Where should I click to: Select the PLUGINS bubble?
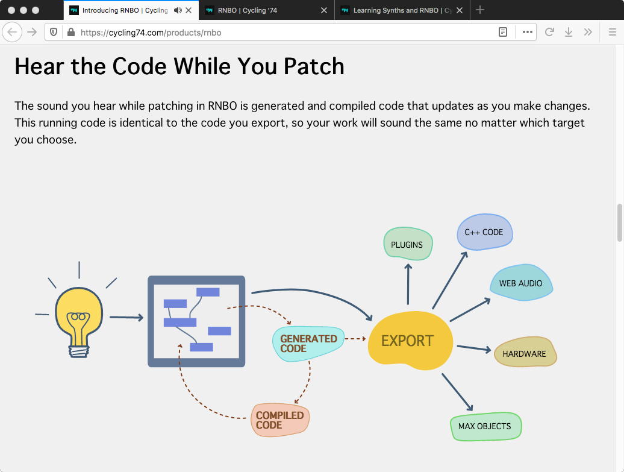pyautogui.click(x=408, y=244)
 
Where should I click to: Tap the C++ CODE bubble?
pyautogui.click(x=484, y=232)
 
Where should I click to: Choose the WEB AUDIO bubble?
pyautogui.click(x=521, y=283)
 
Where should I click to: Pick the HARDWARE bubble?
pyautogui.click(x=525, y=353)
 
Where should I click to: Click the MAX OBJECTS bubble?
pyautogui.click(x=485, y=426)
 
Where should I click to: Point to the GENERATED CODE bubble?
pyautogui.click(x=308, y=343)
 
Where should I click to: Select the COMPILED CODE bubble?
pyautogui.click(x=280, y=420)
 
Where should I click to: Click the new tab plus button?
pyautogui.click(x=480, y=10)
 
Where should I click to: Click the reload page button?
pyautogui.click(x=549, y=32)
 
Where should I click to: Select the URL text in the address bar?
pyautogui.click(x=151, y=33)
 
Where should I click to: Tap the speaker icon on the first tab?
pyautogui.click(x=178, y=10)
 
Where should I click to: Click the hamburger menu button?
pyautogui.click(x=613, y=32)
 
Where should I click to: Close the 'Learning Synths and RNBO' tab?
pyautogui.click(x=460, y=10)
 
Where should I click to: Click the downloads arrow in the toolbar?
pyautogui.click(x=568, y=32)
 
